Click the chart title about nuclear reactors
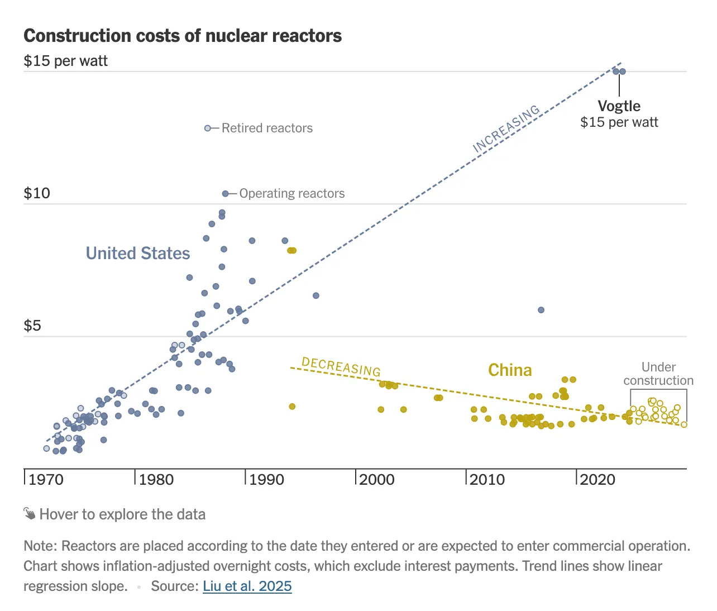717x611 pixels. [x=183, y=36]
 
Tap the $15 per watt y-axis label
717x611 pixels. [x=65, y=61]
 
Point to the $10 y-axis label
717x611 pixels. [x=37, y=193]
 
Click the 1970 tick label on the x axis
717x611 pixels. [x=46, y=480]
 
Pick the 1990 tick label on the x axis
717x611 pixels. [x=266, y=480]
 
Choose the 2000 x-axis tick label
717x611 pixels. [x=377, y=480]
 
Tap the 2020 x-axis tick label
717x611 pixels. [x=597, y=480]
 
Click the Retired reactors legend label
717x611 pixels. [x=267, y=128]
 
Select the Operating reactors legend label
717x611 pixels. [x=292, y=193]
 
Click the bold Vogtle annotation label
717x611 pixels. [x=619, y=106]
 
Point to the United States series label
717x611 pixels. [x=138, y=253]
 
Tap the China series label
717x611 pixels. [x=510, y=370]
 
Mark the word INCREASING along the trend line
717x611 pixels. [x=506, y=128]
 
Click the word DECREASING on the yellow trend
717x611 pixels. [x=341, y=366]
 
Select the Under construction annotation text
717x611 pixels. [x=658, y=374]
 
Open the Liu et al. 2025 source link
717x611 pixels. [x=247, y=586]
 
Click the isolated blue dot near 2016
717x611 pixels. [x=541, y=310]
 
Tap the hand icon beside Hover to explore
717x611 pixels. [x=30, y=514]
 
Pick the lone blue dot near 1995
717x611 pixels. [x=316, y=295]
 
